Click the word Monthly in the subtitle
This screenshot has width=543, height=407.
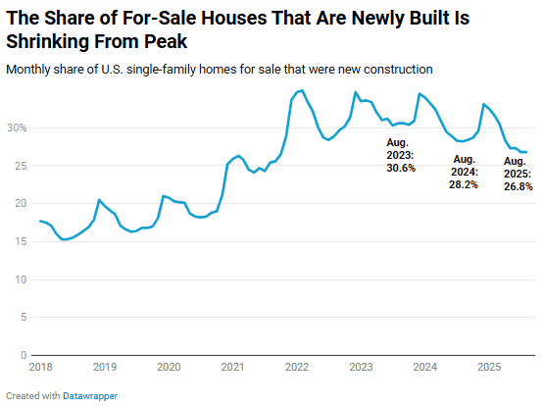pos(30,69)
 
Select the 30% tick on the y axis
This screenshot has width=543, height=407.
pos(16,127)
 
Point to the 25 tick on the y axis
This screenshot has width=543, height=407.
pos(19,166)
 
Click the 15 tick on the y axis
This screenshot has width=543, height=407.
pos(19,241)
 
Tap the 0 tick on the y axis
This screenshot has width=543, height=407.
pos(22,355)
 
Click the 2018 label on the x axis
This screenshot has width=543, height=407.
pos(39,368)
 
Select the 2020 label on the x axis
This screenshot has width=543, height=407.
pos(168,368)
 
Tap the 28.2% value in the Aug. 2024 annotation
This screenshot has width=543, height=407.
pos(465,183)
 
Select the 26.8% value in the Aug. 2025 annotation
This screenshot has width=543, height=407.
pos(518,186)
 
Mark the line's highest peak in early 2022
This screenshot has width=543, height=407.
pos(301,90)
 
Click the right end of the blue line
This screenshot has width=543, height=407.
pos(526,152)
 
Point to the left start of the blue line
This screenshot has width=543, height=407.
pos(39,221)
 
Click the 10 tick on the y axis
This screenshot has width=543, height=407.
pos(19,280)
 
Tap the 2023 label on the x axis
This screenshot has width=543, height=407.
pos(361,368)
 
